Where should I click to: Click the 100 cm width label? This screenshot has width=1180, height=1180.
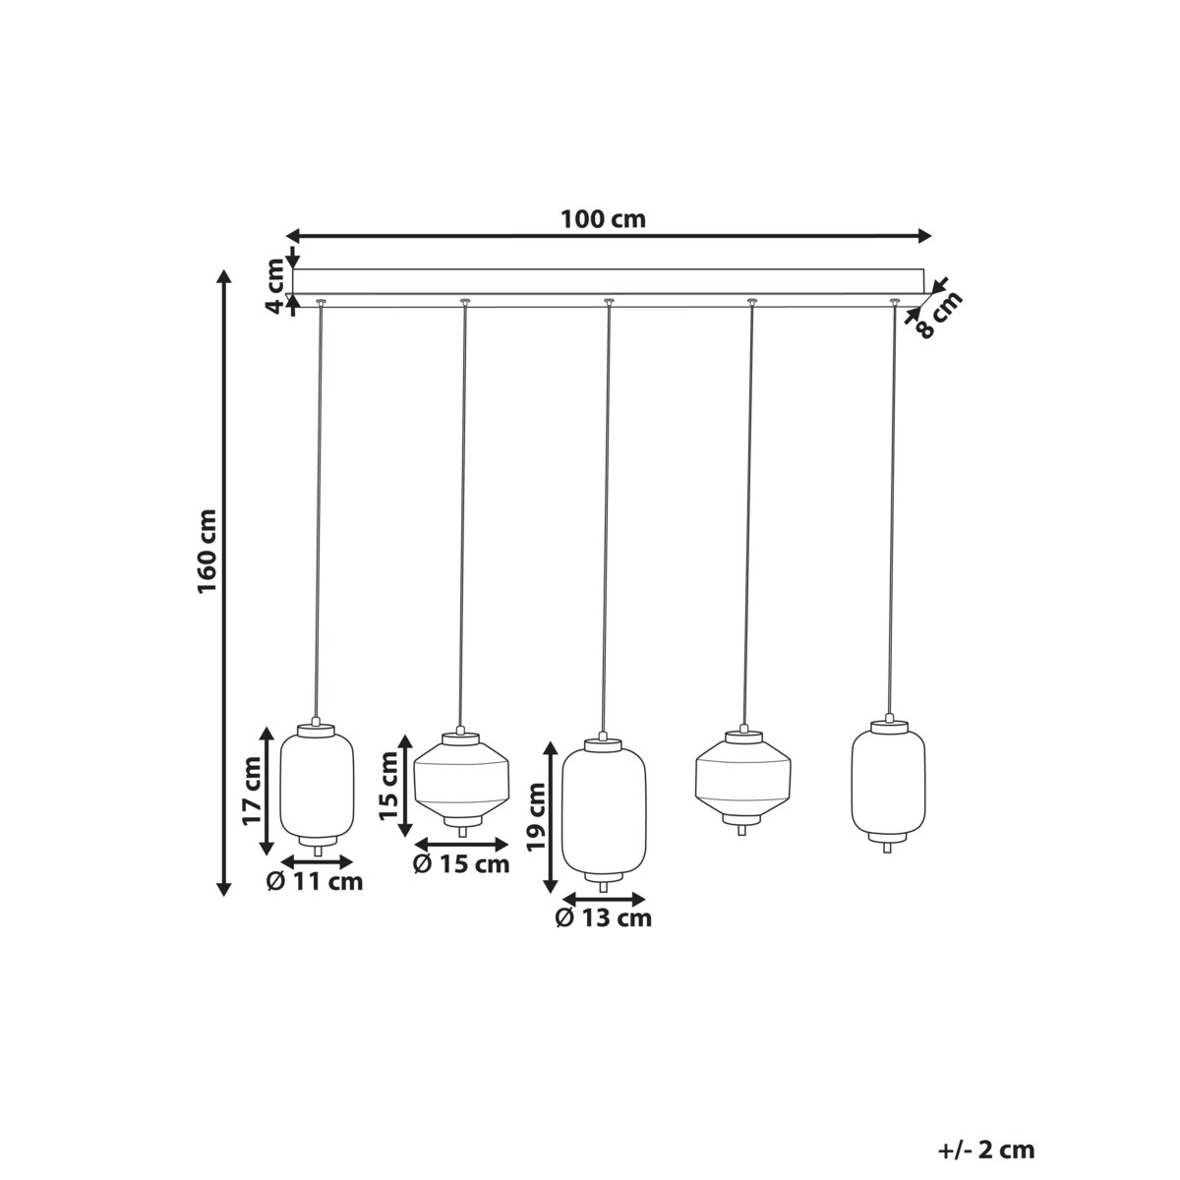tap(603, 218)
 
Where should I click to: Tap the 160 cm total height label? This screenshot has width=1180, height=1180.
tap(207, 551)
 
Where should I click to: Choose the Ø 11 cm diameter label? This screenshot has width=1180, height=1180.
tap(315, 882)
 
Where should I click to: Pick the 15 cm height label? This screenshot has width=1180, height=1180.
tap(389, 787)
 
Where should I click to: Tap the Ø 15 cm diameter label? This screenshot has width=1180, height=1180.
tap(461, 864)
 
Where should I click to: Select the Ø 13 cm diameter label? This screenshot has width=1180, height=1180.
tap(603, 918)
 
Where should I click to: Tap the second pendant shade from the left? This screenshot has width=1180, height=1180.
tap(461, 781)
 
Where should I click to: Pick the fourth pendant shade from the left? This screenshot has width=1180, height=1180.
tap(743, 777)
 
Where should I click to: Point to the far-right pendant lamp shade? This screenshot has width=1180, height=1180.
tap(888, 782)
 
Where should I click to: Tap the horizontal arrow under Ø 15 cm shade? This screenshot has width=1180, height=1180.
tap(461, 844)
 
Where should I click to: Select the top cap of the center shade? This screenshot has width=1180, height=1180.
tap(604, 744)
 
